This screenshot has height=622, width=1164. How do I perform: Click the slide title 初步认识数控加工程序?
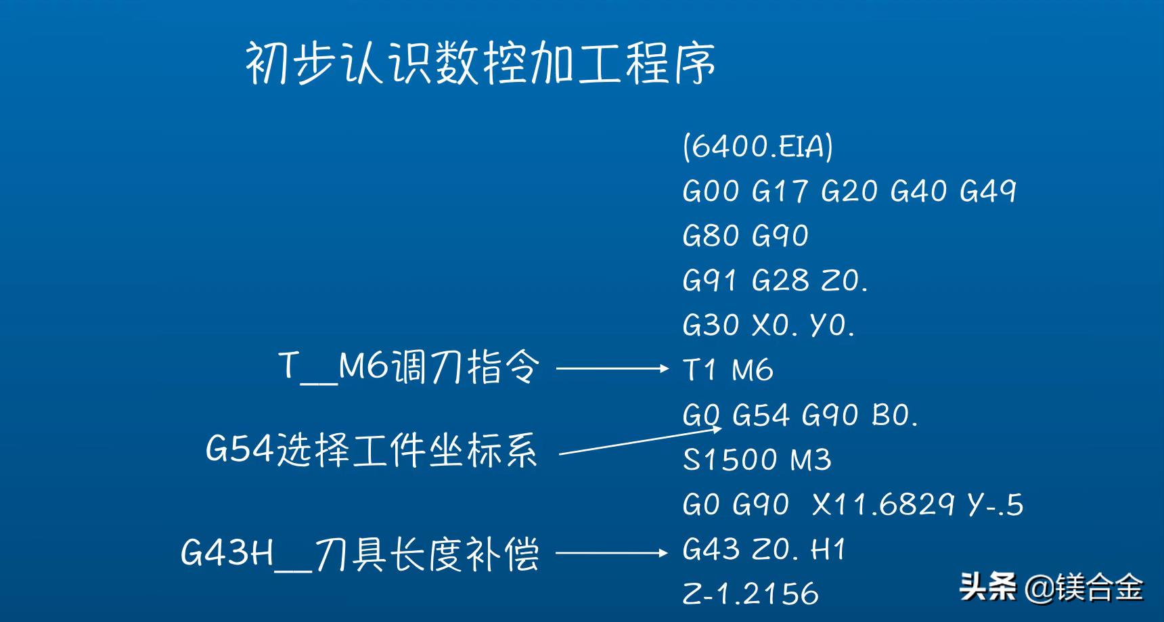point(480,64)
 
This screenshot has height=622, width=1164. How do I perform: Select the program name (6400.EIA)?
point(758,146)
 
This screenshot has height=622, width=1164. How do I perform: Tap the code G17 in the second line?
point(780,191)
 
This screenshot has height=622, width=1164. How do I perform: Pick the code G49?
point(987,191)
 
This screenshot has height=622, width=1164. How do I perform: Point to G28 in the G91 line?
point(780,280)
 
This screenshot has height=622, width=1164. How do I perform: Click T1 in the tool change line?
point(699,370)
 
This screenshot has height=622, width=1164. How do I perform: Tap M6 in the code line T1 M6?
point(753,370)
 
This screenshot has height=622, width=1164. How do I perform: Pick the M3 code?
point(811,460)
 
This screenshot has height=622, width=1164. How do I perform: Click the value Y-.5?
point(995,505)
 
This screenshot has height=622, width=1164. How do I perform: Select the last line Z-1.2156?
point(751,594)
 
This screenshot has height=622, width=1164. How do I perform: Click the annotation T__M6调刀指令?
point(409,367)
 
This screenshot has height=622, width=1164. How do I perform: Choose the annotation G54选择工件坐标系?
point(372,449)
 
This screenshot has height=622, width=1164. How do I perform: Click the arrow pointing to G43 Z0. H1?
point(611,553)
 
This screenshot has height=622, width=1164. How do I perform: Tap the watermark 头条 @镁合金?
point(1050,587)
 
